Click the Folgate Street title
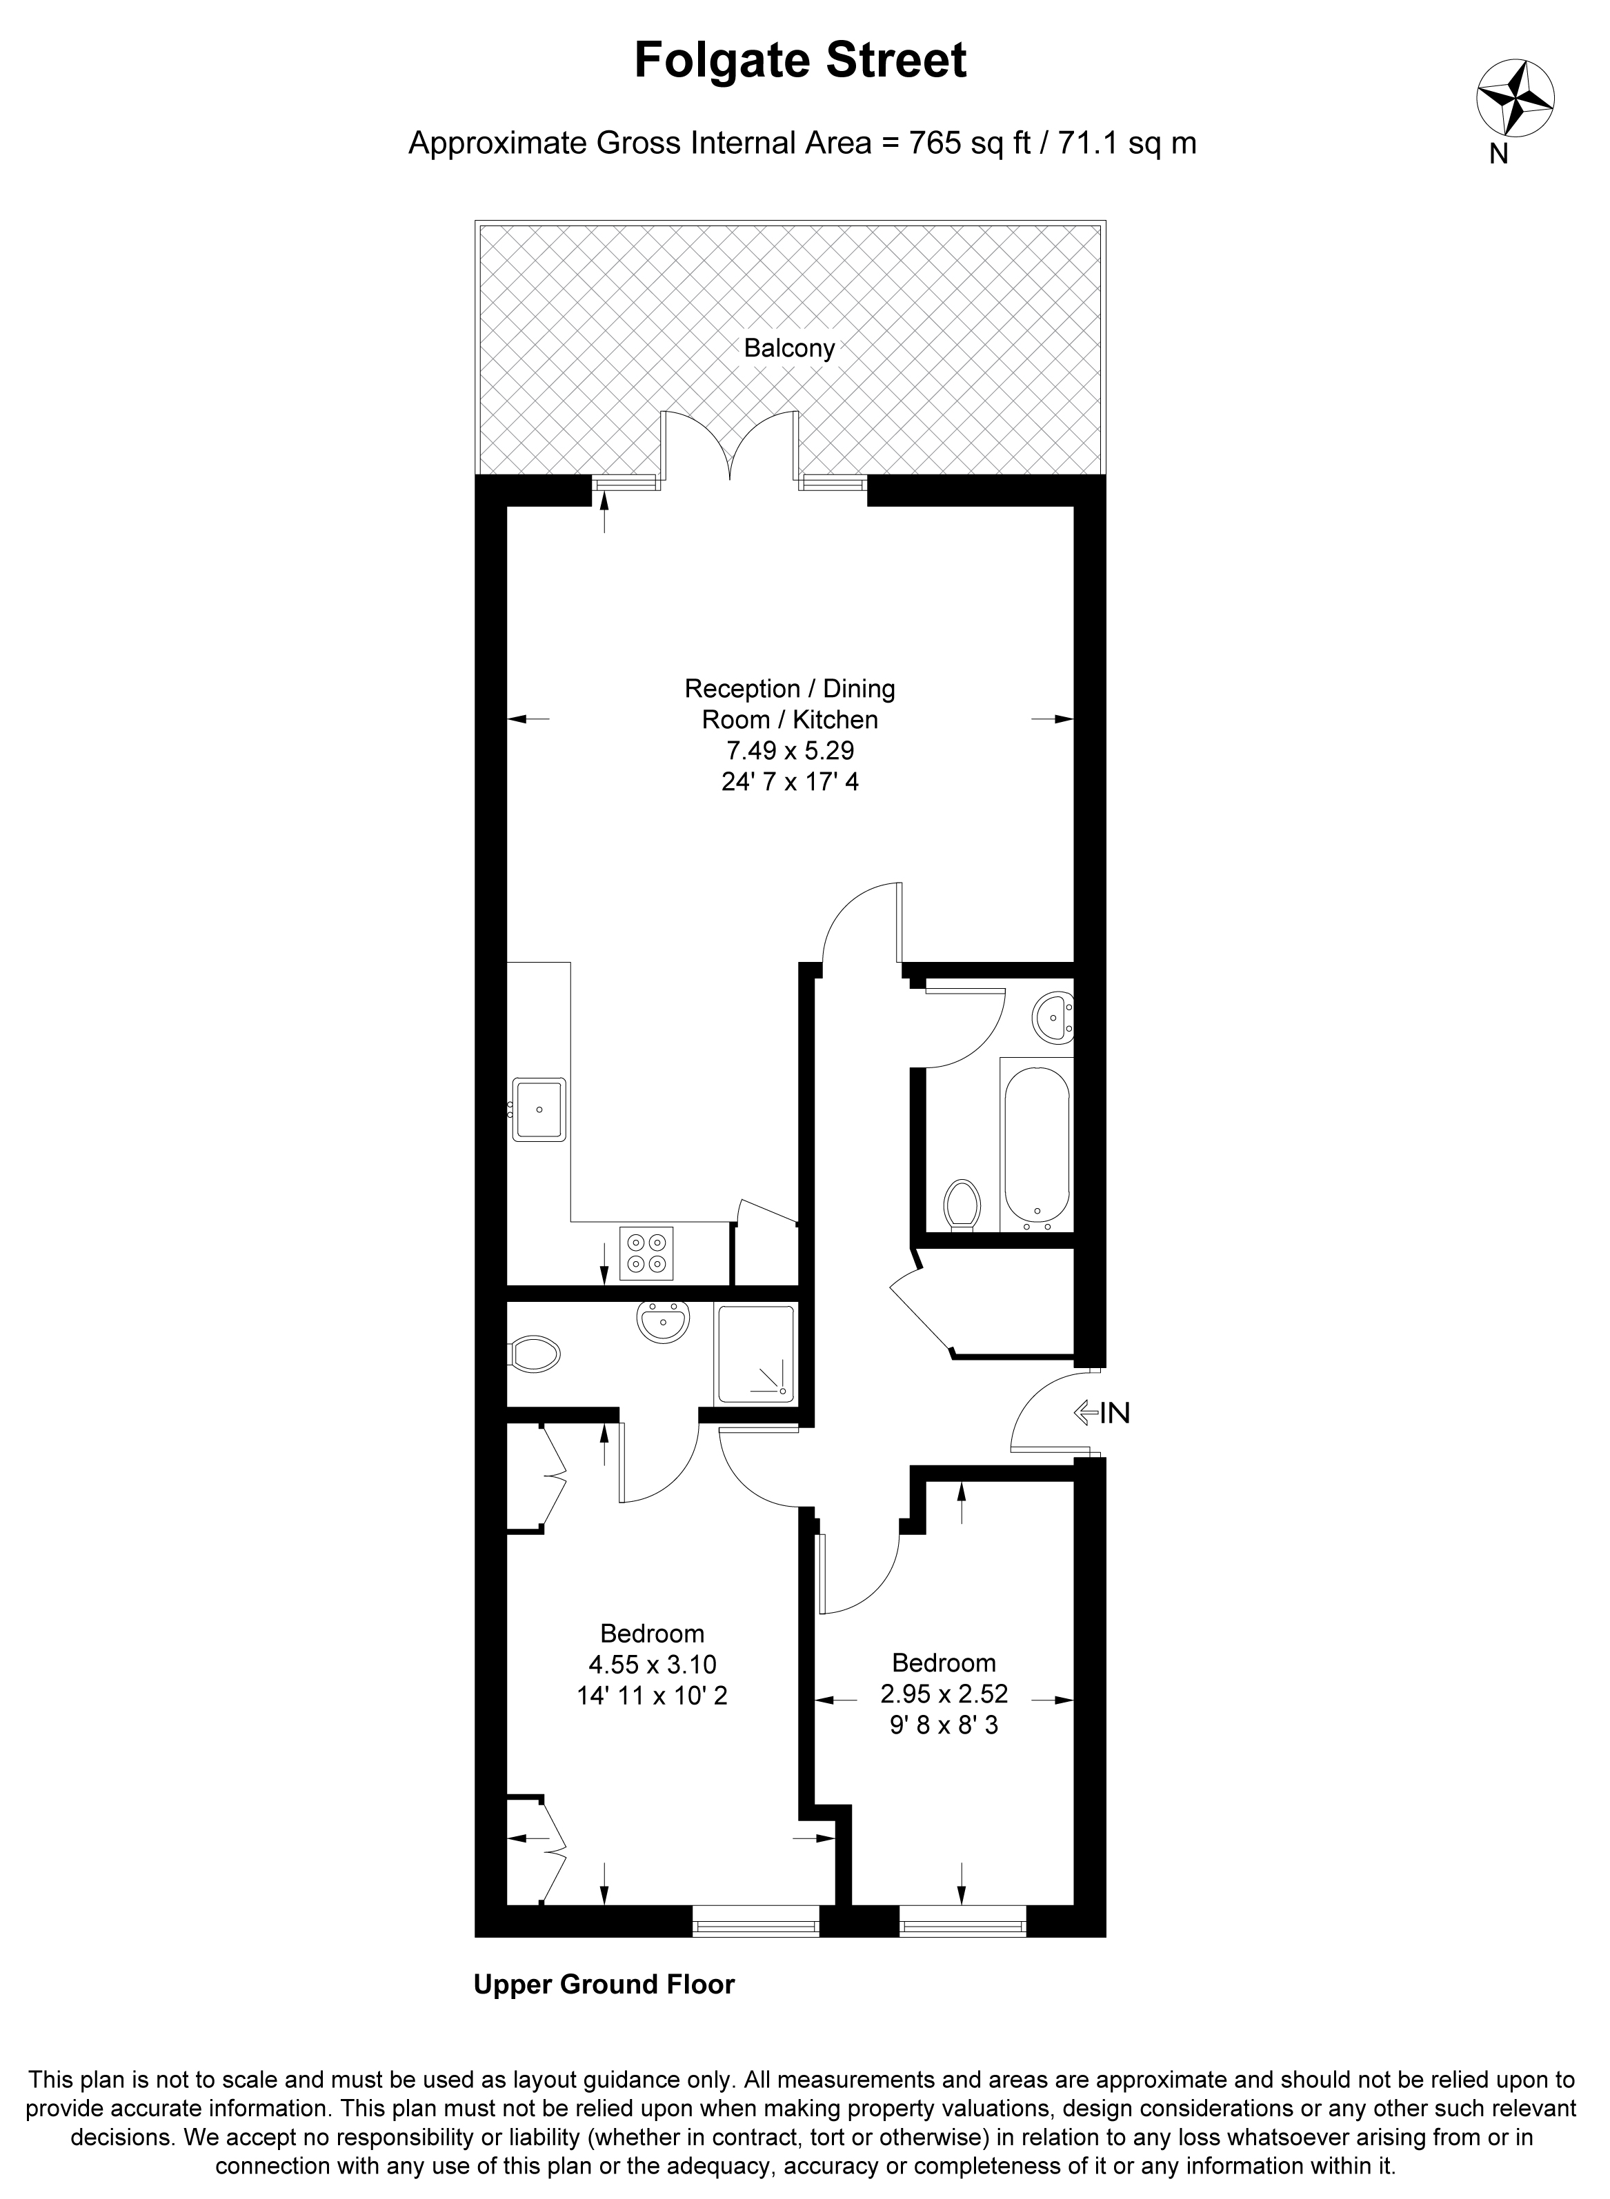(x=800, y=61)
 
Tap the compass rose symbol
(x=1515, y=97)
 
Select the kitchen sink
(x=539, y=1109)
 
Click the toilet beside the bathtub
(x=962, y=1206)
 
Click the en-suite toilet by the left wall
(x=533, y=1354)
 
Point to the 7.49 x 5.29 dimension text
(x=791, y=750)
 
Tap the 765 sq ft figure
(x=968, y=143)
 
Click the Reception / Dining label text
(x=789, y=689)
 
